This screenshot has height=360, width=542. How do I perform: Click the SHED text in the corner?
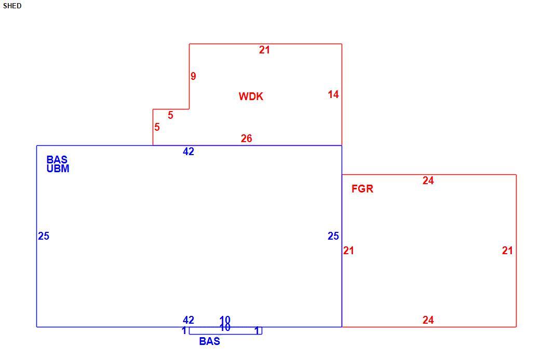(12, 6)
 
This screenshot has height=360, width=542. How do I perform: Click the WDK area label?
(251, 96)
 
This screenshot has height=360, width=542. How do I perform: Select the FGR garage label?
(362, 189)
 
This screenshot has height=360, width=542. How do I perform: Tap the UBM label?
(58, 169)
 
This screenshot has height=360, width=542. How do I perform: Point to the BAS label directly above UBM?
(57, 160)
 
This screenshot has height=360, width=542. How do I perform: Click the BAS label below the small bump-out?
(209, 341)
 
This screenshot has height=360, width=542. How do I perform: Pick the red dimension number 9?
(193, 76)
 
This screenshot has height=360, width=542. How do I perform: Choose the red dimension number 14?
(333, 94)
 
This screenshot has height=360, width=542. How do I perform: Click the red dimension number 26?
(247, 139)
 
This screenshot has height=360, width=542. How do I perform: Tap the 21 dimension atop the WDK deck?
(264, 50)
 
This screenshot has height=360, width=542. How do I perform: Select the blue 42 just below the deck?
(188, 151)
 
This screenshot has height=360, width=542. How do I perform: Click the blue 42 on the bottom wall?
(188, 320)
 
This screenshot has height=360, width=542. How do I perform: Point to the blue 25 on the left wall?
(44, 236)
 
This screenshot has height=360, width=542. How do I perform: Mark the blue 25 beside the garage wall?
(333, 236)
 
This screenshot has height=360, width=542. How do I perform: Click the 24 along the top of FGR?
(428, 181)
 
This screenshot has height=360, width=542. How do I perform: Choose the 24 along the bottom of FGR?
(428, 320)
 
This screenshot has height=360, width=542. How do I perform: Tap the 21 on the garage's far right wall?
(507, 251)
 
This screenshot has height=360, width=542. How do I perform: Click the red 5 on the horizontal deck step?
(170, 115)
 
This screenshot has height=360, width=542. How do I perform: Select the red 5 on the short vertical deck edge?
(157, 128)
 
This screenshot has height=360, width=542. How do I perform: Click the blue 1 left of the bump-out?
(184, 330)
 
